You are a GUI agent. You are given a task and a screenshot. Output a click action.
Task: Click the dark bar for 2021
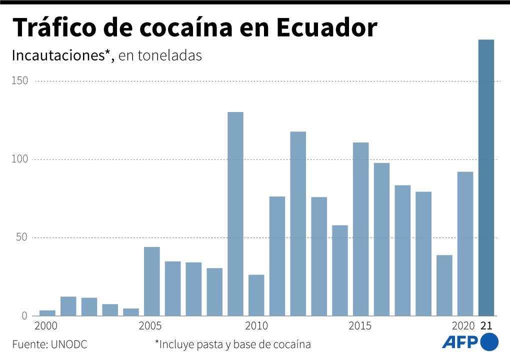click(x=486, y=177)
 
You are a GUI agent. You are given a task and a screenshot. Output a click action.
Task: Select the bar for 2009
click(x=235, y=214)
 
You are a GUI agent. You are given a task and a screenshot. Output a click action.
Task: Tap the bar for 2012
click(x=298, y=223)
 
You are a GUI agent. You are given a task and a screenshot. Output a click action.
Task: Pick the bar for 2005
click(x=151, y=281)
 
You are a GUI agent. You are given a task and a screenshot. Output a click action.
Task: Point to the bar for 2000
click(x=47, y=313)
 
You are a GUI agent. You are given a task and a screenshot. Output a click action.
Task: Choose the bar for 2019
click(x=444, y=285)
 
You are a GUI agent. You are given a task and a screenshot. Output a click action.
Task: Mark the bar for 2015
click(x=360, y=229)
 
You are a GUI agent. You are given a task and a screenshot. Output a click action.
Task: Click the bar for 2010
click(x=256, y=295)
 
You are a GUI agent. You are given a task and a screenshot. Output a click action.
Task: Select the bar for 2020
click(x=465, y=243)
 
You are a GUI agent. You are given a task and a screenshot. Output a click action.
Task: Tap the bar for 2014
click(x=339, y=270)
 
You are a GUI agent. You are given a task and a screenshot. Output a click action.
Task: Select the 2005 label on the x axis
click(x=150, y=326)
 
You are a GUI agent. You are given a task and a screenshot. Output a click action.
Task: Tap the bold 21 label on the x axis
click(x=486, y=326)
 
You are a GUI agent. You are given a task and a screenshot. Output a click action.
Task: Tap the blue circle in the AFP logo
click(x=489, y=342)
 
